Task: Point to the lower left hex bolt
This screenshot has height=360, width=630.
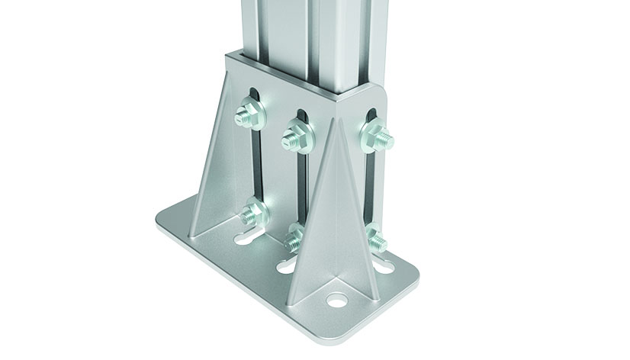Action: [253, 213]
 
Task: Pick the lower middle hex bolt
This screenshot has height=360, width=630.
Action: [294, 241]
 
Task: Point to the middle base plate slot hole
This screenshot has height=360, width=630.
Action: [284, 268]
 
